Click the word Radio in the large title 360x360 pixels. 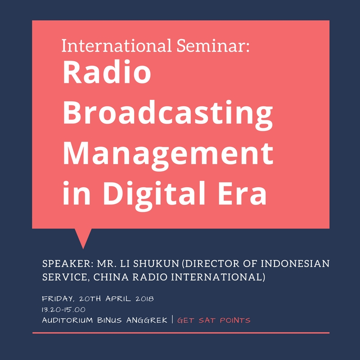(107, 72)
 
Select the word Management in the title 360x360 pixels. (168, 154)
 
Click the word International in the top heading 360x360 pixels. (117, 45)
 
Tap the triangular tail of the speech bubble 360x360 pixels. (83, 237)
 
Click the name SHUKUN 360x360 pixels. (156, 264)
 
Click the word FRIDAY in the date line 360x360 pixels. (58, 299)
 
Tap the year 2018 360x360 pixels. (144, 299)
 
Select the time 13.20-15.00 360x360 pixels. (63, 310)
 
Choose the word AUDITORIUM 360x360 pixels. (67, 320)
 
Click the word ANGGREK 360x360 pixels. (147, 320)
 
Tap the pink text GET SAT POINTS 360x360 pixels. (214, 320)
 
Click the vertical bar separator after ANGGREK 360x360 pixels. (172, 319)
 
